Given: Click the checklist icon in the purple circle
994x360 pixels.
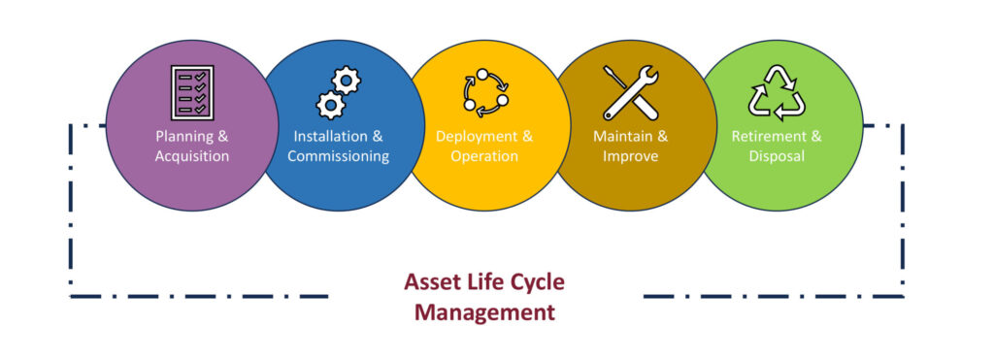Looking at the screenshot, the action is click(192, 92).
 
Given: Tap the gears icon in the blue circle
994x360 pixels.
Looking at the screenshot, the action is click(339, 92).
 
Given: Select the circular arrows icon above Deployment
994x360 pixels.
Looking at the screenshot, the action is click(485, 92).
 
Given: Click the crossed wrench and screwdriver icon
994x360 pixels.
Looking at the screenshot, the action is click(631, 92).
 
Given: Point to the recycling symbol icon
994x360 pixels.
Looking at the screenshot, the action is click(777, 92).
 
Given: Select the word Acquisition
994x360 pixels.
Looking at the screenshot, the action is click(192, 156).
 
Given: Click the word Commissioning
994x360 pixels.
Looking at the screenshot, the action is click(339, 156).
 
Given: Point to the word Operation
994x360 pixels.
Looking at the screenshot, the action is click(485, 156).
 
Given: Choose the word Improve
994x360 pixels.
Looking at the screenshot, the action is click(631, 156).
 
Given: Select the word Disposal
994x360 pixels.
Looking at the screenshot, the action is click(777, 156).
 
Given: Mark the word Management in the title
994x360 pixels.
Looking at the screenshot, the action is click(485, 312).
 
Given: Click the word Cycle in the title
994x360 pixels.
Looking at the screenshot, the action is click(535, 282).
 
